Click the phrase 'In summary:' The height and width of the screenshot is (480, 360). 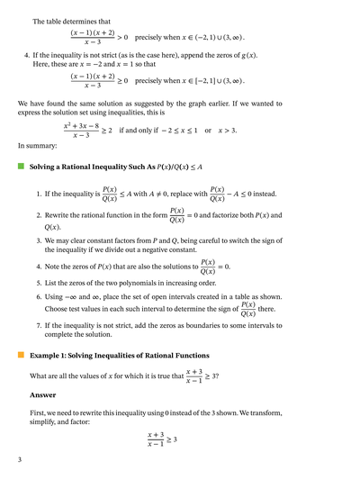37,146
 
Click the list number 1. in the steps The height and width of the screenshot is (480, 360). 39,194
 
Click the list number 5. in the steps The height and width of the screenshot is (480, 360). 39,282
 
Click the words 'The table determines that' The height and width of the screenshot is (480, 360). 71,21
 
